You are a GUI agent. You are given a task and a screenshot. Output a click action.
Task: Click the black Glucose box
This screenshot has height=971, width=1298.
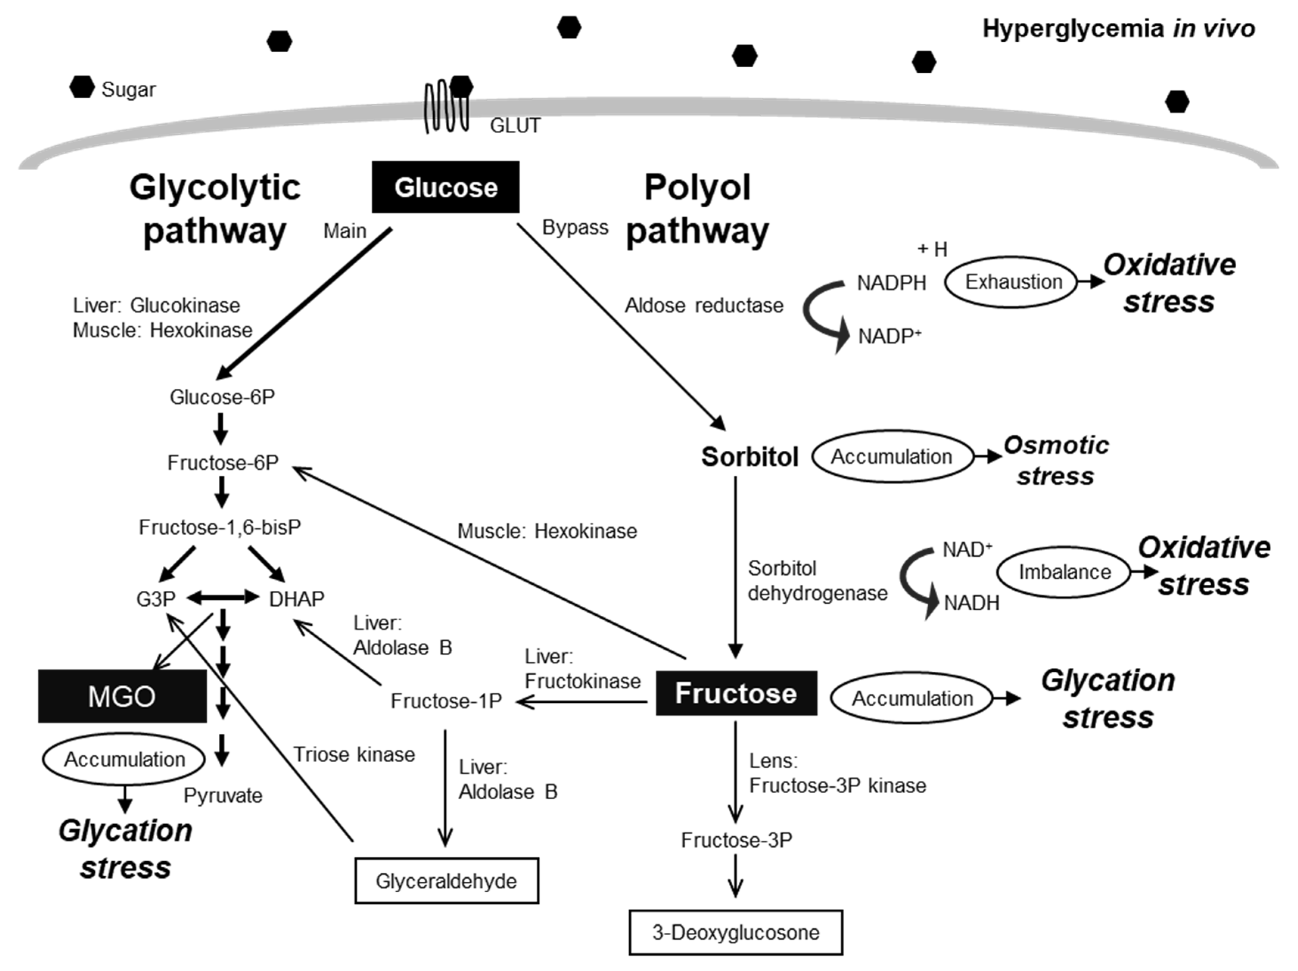(445, 187)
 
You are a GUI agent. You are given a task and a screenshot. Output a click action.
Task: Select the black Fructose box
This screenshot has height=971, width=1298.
(736, 693)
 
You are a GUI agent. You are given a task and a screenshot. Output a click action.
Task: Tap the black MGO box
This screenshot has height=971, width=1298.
(122, 696)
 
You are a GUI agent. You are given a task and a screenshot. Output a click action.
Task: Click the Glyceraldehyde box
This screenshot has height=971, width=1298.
(447, 881)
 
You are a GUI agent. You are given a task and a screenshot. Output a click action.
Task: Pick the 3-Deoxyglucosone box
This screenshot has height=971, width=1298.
(736, 932)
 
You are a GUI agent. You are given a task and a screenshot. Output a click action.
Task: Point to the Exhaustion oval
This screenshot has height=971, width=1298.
(1013, 282)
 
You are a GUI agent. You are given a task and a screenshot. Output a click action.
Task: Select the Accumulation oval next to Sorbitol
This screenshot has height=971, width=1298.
(891, 456)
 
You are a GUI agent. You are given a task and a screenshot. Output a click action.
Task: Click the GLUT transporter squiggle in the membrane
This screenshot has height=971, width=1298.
(446, 107)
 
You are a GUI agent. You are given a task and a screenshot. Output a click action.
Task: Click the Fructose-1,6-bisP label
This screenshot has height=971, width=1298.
(219, 527)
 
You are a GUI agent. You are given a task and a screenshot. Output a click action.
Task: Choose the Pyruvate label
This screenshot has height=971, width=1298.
(223, 795)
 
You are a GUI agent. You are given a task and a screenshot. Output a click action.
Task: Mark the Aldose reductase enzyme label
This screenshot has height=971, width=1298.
(703, 305)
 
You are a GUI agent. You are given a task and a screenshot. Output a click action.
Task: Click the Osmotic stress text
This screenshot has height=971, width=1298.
(1056, 461)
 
